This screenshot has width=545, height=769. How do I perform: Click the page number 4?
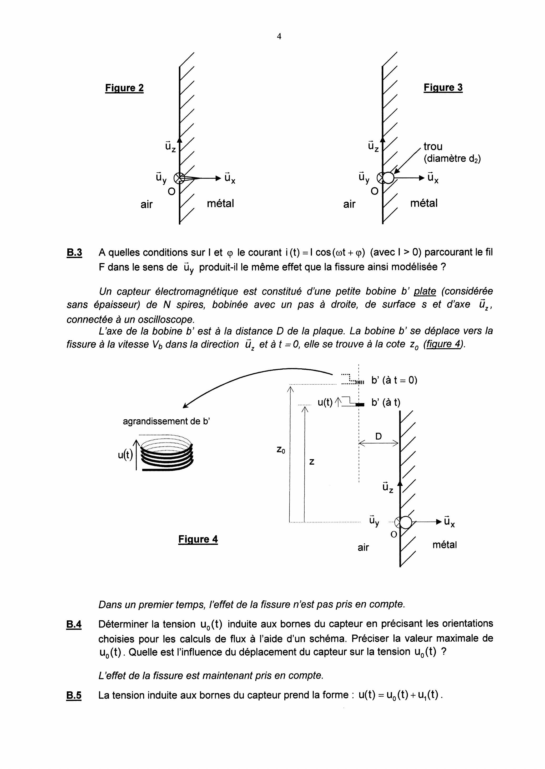[279, 37]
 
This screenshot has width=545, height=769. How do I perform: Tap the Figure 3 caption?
[443, 88]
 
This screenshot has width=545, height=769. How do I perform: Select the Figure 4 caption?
[198, 539]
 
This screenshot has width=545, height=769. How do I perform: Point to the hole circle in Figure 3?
[388, 178]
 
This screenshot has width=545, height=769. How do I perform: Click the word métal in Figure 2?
[220, 203]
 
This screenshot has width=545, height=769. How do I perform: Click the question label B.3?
[74, 252]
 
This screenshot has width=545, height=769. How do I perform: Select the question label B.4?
[74, 624]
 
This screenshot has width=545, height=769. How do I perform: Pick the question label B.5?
[74, 696]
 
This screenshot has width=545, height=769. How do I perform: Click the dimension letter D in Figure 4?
[378, 436]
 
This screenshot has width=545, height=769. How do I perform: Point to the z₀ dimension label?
[281, 449]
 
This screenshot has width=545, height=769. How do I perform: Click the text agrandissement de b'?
[166, 421]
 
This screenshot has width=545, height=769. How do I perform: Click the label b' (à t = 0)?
[394, 380]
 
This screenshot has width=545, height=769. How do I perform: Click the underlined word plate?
[425, 291]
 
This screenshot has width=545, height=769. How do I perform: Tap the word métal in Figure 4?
[444, 545]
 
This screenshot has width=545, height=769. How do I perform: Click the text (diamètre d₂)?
[452, 159]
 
